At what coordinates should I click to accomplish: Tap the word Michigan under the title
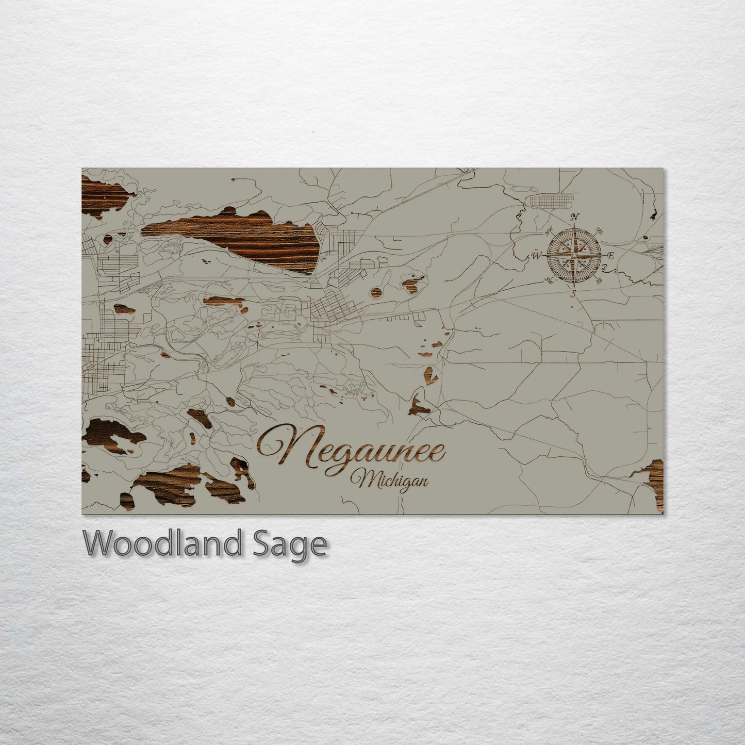coord(390,481)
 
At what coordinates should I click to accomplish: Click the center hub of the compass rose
coord(573,255)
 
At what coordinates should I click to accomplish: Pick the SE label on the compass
coord(599,281)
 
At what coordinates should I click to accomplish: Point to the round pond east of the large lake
coord(377,292)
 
